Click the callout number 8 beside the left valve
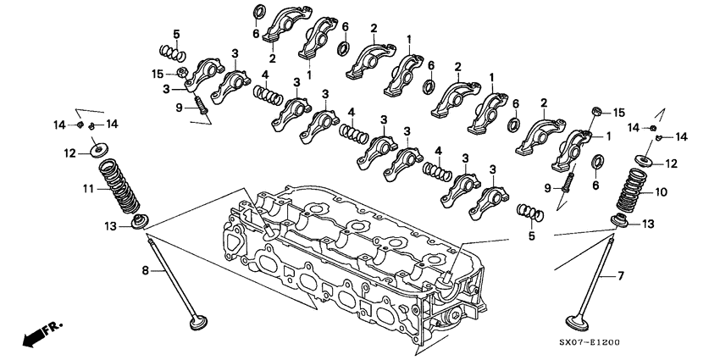click(144, 270)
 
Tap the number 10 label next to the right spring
click(662, 193)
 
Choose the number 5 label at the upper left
click(175, 33)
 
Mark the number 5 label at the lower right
click(530, 236)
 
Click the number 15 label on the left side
click(158, 73)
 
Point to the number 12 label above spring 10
click(671, 163)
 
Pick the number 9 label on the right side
click(548, 186)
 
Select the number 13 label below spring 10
click(647, 223)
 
